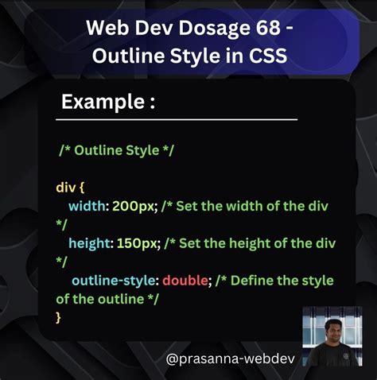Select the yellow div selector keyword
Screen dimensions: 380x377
[66, 188]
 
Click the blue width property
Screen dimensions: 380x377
[87, 206]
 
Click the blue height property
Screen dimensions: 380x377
[90, 243]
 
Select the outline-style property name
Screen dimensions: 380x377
[115, 281]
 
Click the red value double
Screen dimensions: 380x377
[185, 281]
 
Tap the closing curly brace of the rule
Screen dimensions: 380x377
[59, 317]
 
